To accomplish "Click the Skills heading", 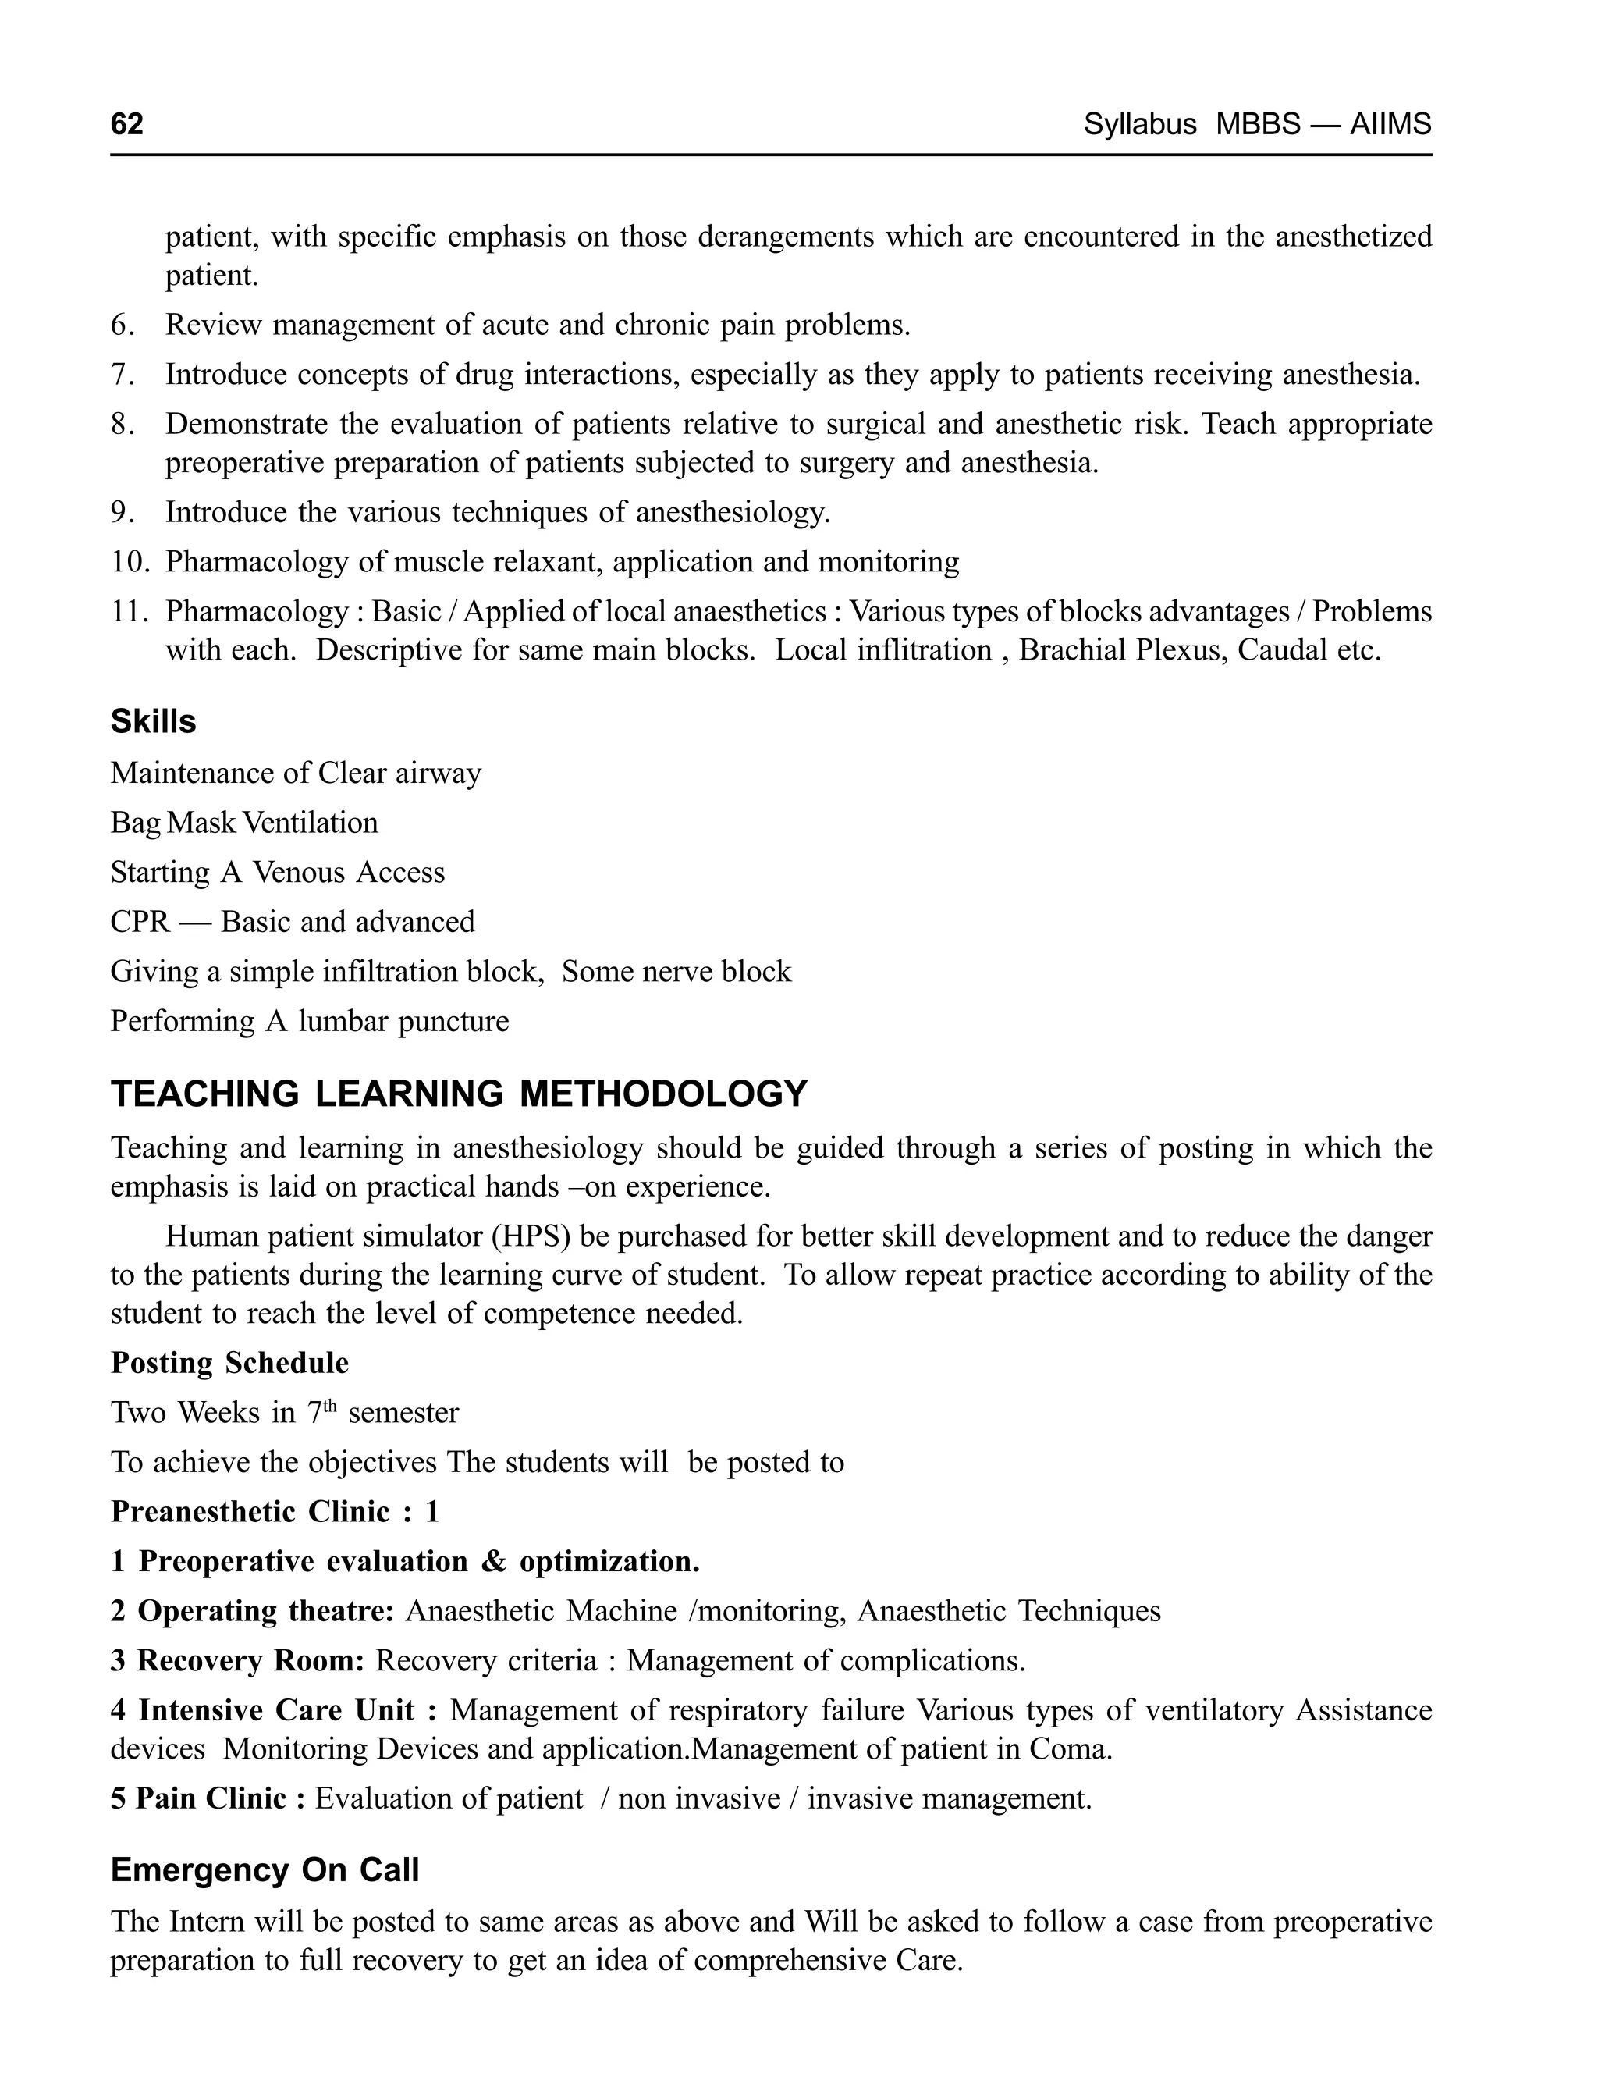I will pyautogui.click(x=153, y=722).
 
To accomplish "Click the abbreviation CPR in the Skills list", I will pyautogui.click(x=140, y=922).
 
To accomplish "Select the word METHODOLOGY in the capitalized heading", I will pyautogui.click(x=663, y=1094).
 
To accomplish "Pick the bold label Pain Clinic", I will pyautogui.click(x=210, y=1798).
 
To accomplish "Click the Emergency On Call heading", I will pyautogui.click(x=265, y=1870).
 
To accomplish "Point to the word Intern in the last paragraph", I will pyautogui.click(x=208, y=1921).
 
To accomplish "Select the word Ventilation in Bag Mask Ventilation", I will pyautogui.click(x=311, y=822).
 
